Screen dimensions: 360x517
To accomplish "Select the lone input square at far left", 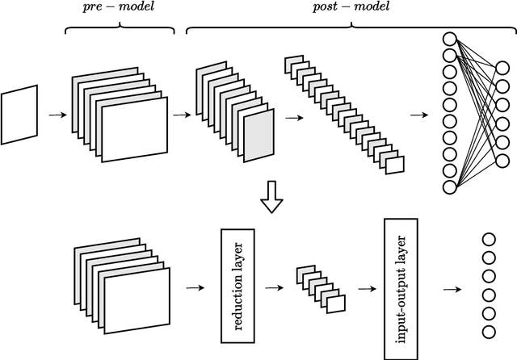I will [19, 116].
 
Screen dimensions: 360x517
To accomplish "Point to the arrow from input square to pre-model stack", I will [57, 115].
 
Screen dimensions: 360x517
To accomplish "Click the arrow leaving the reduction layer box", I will [275, 287].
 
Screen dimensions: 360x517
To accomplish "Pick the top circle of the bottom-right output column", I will [488, 239].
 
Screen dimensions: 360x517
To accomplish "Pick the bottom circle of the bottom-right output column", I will [488, 331].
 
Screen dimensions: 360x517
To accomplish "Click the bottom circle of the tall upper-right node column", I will [450, 187].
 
